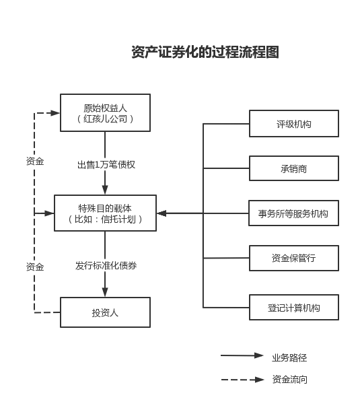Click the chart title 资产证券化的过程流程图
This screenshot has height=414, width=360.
(205, 52)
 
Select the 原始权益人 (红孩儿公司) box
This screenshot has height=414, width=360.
(105, 112)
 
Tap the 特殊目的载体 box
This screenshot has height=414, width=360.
(105, 213)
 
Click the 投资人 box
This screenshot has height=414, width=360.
(105, 312)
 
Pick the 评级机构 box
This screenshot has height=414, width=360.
(294, 124)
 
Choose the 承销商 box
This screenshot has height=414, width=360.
(294, 168)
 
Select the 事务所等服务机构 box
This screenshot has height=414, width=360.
(294, 213)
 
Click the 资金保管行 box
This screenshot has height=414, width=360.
(294, 258)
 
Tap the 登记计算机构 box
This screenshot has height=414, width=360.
(294, 308)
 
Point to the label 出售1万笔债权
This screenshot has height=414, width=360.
(106, 165)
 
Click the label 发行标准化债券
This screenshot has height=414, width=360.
(106, 265)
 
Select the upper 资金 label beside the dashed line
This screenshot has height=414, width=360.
(35, 161)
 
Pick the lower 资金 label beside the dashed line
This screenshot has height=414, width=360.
(35, 267)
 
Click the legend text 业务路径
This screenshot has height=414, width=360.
(289, 357)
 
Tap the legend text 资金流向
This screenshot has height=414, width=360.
(289, 380)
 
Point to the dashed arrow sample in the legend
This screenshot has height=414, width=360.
(242, 380)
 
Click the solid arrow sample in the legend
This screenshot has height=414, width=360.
(242, 355)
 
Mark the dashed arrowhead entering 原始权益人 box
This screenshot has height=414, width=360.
(55, 113)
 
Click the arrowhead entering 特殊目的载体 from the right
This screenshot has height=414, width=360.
(161, 213)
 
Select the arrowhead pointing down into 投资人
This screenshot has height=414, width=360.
(105, 292)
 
